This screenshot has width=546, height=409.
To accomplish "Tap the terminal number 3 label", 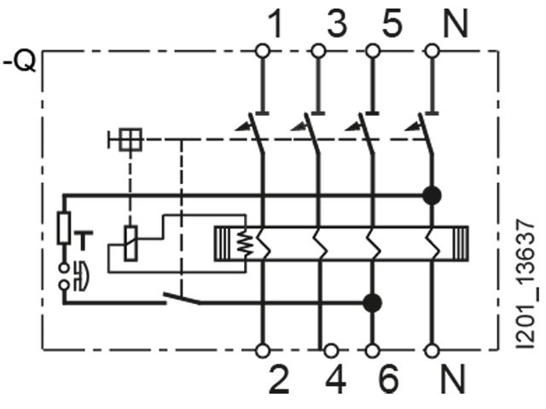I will [337, 24].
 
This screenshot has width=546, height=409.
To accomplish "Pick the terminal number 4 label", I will [338, 381].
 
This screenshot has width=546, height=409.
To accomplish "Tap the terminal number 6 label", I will [388, 381].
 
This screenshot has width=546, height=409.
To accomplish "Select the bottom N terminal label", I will [453, 381].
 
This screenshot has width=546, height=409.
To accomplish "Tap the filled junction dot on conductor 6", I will [372, 301].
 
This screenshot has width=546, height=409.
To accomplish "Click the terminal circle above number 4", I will [331, 349].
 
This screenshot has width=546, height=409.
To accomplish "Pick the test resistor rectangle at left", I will [65, 228].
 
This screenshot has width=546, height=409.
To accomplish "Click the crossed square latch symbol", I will [130, 140].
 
